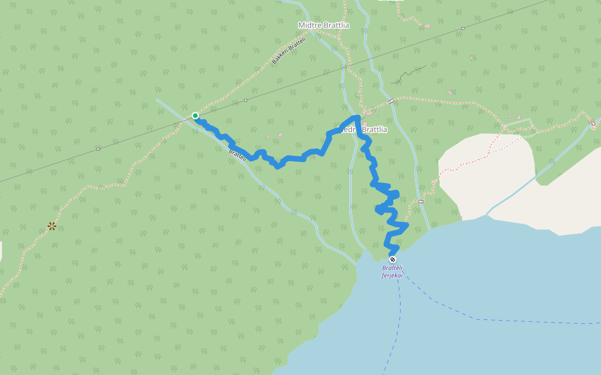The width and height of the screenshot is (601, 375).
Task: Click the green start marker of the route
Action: click(195, 116)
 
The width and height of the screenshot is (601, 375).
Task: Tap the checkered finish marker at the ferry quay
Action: click(393, 259)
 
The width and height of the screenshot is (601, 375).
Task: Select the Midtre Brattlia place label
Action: click(324, 25)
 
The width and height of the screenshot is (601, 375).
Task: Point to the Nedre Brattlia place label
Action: click(362, 129)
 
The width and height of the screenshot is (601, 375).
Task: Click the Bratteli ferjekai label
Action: click(393, 272)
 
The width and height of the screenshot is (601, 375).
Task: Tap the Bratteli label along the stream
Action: click(238, 153)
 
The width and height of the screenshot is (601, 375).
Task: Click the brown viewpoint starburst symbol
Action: click(52, 226)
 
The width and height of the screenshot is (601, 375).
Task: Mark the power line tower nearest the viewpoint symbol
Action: click(98, 149)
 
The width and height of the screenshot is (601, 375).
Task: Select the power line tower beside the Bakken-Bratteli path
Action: click(245, 100)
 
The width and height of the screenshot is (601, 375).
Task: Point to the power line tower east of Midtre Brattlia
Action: click(463, 28)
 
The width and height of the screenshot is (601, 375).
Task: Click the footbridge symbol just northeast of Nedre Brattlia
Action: click(391, 101)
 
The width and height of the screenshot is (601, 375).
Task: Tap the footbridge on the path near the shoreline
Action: click(421, 201)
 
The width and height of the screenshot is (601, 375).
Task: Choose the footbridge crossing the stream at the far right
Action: click(592, 123)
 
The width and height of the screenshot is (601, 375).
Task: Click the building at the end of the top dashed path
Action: click(427, 26)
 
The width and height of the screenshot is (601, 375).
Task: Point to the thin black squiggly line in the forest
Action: click(408, 73)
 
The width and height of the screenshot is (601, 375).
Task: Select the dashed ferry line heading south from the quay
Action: click(394, 331)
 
